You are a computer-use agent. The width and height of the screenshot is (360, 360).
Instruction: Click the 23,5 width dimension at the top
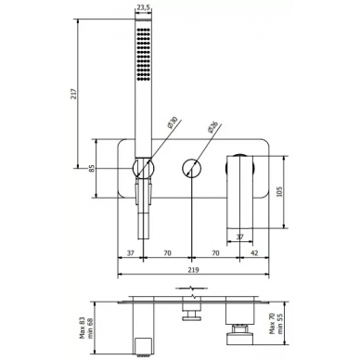[x=143, y=8]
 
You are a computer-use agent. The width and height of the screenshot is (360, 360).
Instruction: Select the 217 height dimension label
[x=73, y=94]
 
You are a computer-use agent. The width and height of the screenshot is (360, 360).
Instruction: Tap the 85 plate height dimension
[x=92, y=169]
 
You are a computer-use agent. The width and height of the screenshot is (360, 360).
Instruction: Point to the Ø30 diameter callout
[x=172, y=122]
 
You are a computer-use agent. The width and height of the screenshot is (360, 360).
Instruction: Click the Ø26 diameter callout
[x=213, y=127]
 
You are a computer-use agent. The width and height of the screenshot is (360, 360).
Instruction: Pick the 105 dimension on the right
[x=279, y=192]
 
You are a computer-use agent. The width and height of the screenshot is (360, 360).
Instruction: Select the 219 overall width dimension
[x=194, y=270]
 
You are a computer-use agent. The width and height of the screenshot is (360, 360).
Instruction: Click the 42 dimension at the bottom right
[x=254, y=253]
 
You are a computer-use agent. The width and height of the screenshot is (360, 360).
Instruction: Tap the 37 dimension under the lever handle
[x=240, y=237]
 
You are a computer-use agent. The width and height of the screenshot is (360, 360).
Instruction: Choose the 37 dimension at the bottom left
[x=131, y=253]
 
